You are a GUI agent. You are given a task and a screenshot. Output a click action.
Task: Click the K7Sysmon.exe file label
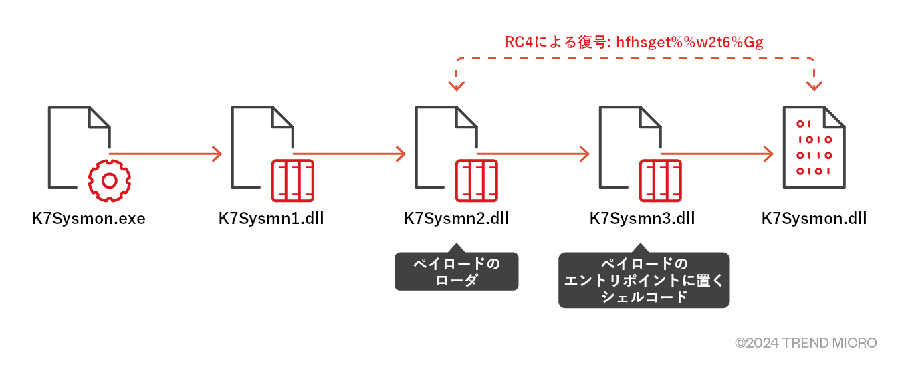coord(88,219)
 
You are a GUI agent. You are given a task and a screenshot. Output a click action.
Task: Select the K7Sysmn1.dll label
coord(271,219)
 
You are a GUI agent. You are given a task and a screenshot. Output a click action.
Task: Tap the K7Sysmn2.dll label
coord(456,219)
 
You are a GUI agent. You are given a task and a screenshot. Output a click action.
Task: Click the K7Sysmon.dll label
coord(814,219)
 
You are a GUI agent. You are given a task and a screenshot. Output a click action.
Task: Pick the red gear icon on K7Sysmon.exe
coord(110,180)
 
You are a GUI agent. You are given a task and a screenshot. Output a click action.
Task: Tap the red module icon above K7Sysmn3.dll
coord(661,180)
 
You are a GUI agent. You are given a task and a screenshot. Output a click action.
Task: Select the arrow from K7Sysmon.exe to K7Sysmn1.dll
coord(167,154)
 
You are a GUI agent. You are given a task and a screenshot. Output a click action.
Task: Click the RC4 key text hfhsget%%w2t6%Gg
coord(689,42)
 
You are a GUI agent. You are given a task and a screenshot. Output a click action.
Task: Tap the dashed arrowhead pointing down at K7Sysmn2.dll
coord(457,86)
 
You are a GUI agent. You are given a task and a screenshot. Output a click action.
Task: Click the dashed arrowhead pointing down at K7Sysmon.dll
coord(814,86)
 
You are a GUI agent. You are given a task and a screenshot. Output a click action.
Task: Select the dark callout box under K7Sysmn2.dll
coord(456,271)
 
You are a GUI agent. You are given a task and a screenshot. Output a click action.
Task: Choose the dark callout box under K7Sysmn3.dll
coord(643,279)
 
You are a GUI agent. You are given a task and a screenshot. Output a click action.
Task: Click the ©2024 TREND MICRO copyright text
coord(806,343)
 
